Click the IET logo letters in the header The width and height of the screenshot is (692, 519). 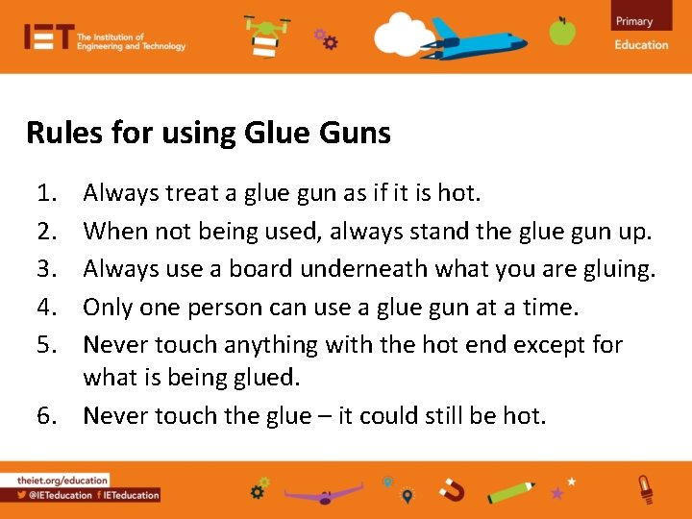(x=49, y=37)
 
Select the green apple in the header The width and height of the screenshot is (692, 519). (x=562, y=31)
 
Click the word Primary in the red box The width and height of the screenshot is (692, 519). (x=634, y=21)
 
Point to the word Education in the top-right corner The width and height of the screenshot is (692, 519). (x=641, y=44)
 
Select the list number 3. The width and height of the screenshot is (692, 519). (x=47, y=269)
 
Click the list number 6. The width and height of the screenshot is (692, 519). (x=47, y=416)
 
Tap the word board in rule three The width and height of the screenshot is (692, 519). (x=263, y=269)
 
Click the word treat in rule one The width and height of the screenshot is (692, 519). (x=194, y=193)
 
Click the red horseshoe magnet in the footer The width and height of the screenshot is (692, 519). (x=452, y=491)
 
